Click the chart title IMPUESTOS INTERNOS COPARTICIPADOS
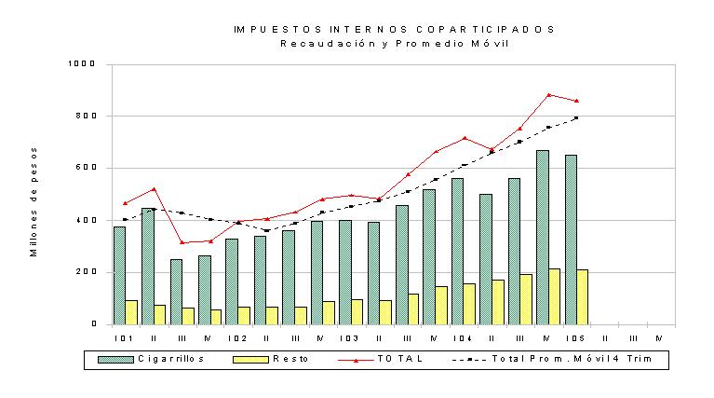point(395,30)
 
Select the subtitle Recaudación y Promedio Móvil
point(395,44)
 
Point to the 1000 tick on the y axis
point(82,63)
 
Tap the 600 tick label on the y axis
point(86,168)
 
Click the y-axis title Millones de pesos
point(34,202)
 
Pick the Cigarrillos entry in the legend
point(151,359)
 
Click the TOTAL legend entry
point(381,359)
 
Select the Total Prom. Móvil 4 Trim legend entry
point(552,359)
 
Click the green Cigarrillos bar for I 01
point(119,276)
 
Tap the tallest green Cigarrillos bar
point(543,238)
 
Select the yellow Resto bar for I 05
point(583,297)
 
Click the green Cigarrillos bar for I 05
point(571,240)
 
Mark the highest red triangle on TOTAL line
point(548,95)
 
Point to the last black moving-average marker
point(576,117)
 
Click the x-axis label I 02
point(237,338)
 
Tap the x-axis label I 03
point(349,338)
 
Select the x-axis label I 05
point(575,338)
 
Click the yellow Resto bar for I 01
point(131,313)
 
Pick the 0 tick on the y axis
point(94,324)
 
